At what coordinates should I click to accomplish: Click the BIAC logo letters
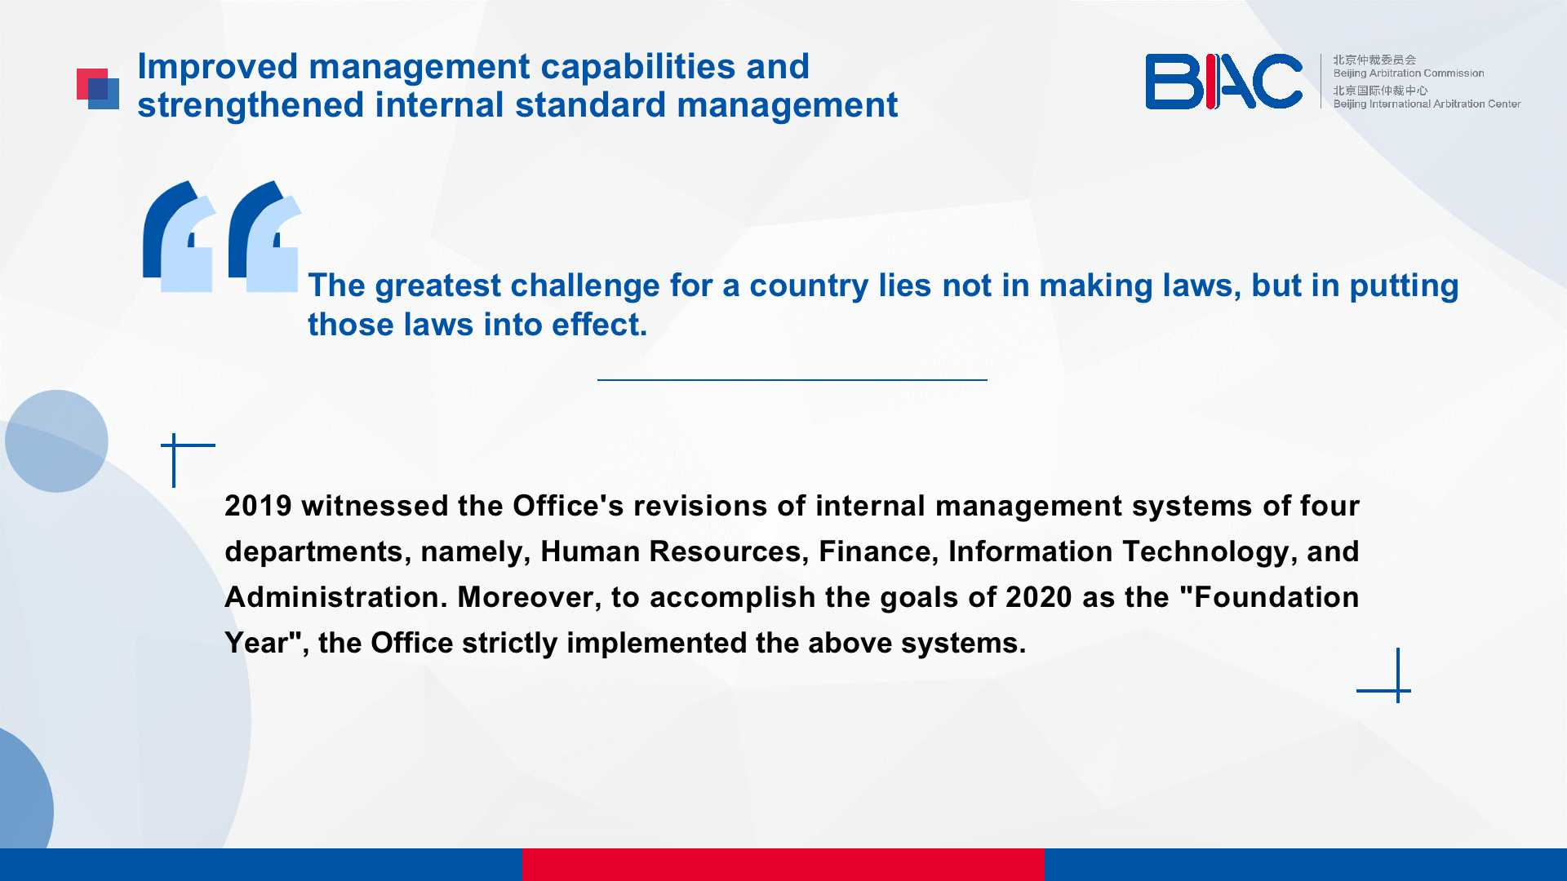1223,82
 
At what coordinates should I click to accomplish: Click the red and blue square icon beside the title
98,89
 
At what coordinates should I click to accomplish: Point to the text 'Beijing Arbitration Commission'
1409,73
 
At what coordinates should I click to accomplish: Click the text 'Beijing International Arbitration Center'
1427,104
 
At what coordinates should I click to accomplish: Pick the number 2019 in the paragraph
258,506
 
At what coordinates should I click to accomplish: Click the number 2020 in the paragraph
1039,597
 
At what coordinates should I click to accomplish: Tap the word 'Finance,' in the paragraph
879,552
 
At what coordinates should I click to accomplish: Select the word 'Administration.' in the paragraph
336,597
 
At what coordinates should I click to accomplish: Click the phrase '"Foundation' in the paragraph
1269,597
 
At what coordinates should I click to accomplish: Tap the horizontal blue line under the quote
792,379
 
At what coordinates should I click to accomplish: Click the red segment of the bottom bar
783,865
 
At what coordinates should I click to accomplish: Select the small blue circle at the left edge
56,441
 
